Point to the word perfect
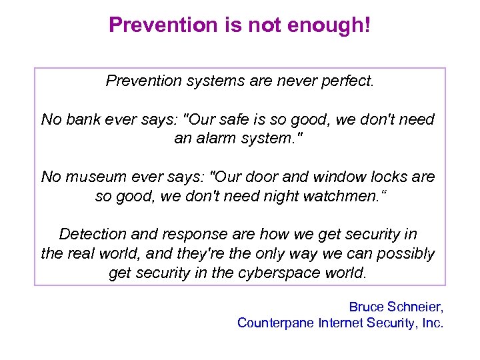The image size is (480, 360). coord(348,81)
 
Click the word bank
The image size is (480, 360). coord(84,120)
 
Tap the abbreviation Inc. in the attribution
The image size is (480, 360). coord(431,323)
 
